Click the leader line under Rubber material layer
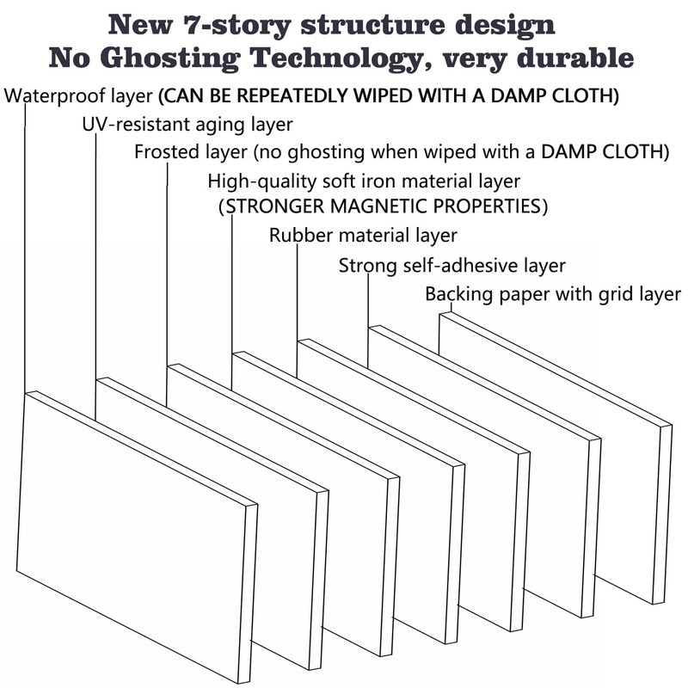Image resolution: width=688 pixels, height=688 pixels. (297, 310)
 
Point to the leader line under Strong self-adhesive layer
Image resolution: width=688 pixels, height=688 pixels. (368, 322)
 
